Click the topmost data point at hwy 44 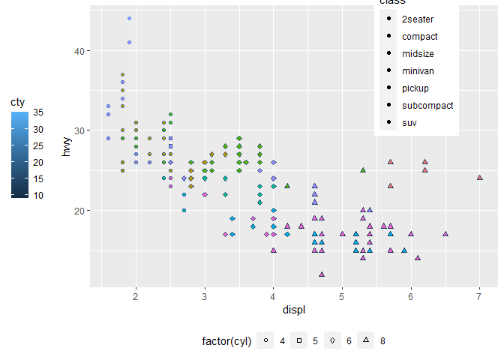[x=129, y=18]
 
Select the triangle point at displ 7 [x=479, y=178]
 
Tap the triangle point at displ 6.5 [x=445, y=234]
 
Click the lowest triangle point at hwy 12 [x=322, y=274]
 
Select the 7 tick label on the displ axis [x=479, y=297]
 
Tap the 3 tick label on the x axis [x=205, y=297]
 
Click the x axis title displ [x=293, y=310]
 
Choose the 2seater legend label [x=418, y=19]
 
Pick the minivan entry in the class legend [x=418, y=71]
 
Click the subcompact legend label [x=427, y=106]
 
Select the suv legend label [x=409, y=123]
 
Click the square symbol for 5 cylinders [x=299, y=340]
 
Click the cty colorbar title [x=17, y=101]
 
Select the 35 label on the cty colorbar [x=38, y=112]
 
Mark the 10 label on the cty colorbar [x=38, y=195]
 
